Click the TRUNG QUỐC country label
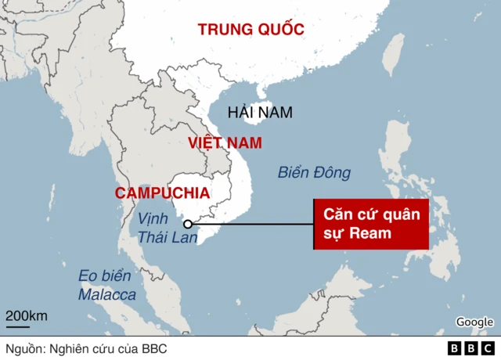(250, 30)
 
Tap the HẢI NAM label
(259, 112)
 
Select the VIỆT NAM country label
(225, 143)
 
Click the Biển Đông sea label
(314, 173)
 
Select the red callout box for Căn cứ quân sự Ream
(370, 224)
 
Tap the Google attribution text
(474, 322)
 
